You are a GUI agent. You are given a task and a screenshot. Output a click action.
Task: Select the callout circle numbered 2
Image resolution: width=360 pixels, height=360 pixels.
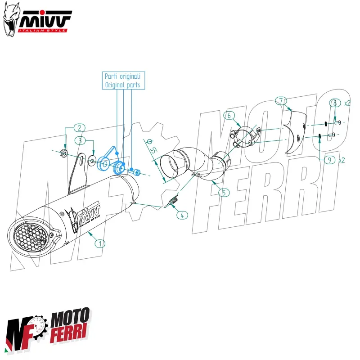click(79, 128)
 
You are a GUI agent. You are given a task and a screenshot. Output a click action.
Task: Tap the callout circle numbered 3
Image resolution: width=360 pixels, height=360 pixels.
click(79, 141)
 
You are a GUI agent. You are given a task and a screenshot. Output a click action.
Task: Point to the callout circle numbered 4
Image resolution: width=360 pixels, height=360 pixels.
click(182, 215)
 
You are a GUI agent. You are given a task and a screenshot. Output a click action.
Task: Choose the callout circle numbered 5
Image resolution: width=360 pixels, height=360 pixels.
click(224, 193)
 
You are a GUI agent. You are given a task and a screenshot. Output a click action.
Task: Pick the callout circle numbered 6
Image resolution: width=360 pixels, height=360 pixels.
click(229, 116)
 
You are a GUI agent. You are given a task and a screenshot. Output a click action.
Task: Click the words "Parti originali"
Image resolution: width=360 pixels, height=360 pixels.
click(122, 76)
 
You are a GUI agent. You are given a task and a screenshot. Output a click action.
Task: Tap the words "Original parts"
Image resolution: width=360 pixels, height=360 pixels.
click(122, 85)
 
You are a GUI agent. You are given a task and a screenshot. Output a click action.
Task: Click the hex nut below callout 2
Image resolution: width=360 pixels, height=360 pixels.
click(64, 154)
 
